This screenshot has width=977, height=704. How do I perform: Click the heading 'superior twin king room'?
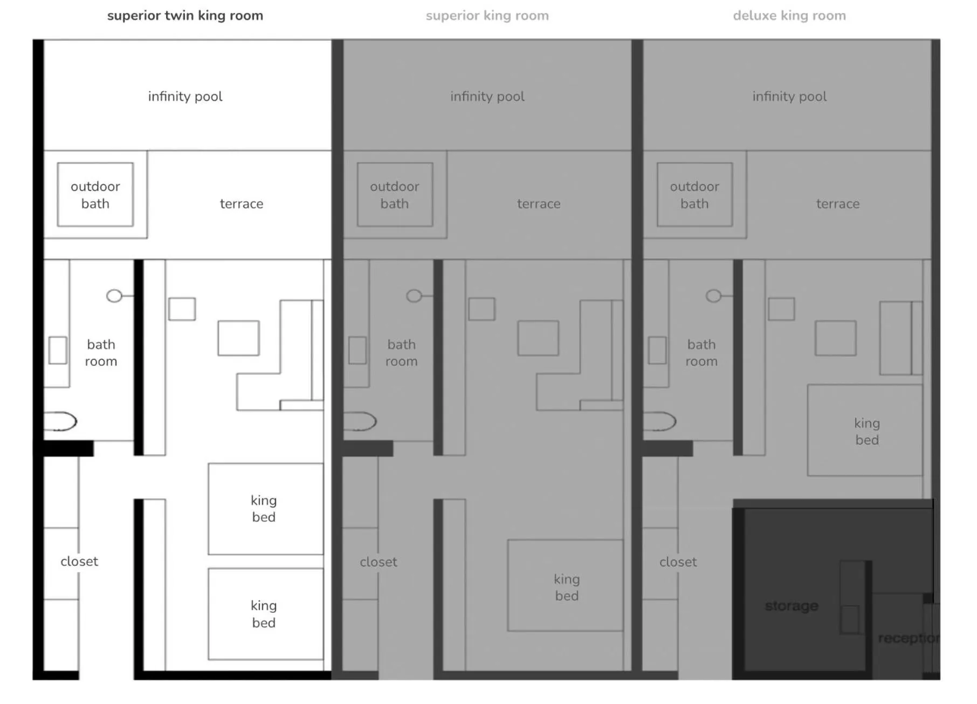click(x=185, y=16)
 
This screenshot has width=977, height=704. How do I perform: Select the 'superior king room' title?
click(x=487, y=16)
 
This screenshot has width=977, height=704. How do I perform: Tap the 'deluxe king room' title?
click(x=789, y=16)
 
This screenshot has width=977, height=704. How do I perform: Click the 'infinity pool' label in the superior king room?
click(x=487, y=97)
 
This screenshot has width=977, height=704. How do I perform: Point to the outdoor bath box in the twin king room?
click(x=95, y=195)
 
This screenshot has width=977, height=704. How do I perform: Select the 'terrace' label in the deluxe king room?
click(x=837, y=204)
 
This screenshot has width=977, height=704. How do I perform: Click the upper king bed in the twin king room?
click(x=265, y=509)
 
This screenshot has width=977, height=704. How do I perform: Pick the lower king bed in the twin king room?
click(x=265, y=614)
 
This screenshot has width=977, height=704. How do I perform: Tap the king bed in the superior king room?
click(x=565, y=586)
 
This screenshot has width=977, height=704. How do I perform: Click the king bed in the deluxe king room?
click(x=865, y=430)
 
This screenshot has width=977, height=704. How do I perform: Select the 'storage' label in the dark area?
click(x=791, y=606)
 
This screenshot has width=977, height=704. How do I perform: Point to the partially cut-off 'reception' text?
click(x=908, y=638)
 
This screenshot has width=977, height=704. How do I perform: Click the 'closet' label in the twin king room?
click(x=79, y=562)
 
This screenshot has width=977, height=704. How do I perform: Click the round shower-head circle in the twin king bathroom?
click(x=114, y=296)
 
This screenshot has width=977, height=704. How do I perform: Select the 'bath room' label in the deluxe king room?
click(x=701, y=353)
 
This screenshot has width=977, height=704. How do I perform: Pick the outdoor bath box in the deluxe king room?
click(x=694, y=195)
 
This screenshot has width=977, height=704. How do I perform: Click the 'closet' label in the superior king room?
click(x=378, y=562)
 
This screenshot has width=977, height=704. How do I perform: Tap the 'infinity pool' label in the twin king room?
click(x=185, y=97)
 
